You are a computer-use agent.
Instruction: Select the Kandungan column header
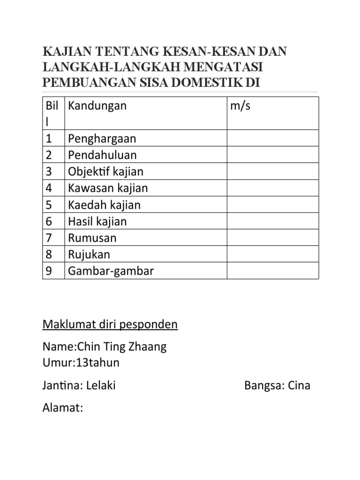tap(97, 105)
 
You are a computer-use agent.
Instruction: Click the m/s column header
tap(240, 105)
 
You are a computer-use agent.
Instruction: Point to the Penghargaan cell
tap(102, 139)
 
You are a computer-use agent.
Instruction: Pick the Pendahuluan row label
tap(102, 155)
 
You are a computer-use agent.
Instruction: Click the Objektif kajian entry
tap(105, 172)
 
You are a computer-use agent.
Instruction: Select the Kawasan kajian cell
tap(108, 188)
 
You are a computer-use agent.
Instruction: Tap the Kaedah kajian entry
tap(104, 205)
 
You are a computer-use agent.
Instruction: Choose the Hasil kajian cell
tap(97, 221)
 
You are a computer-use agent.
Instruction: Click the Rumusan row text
tap(92, 238)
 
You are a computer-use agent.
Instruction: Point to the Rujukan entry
tap(89, 255)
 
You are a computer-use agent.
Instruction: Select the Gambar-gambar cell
tap(111, 271)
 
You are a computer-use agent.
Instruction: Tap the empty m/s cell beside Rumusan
tap(273, 238)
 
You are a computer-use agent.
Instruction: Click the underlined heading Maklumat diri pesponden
tap(110, 324)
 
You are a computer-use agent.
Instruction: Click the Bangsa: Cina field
tap(277, 386)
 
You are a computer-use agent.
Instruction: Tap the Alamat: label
tap(63, 408)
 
